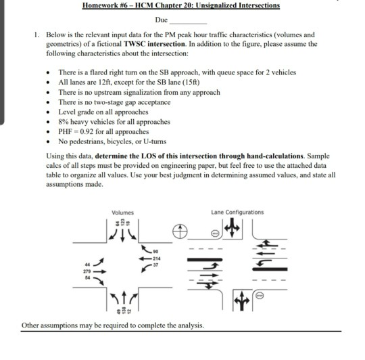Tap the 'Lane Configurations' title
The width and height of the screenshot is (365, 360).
click(x=237, y=212)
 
